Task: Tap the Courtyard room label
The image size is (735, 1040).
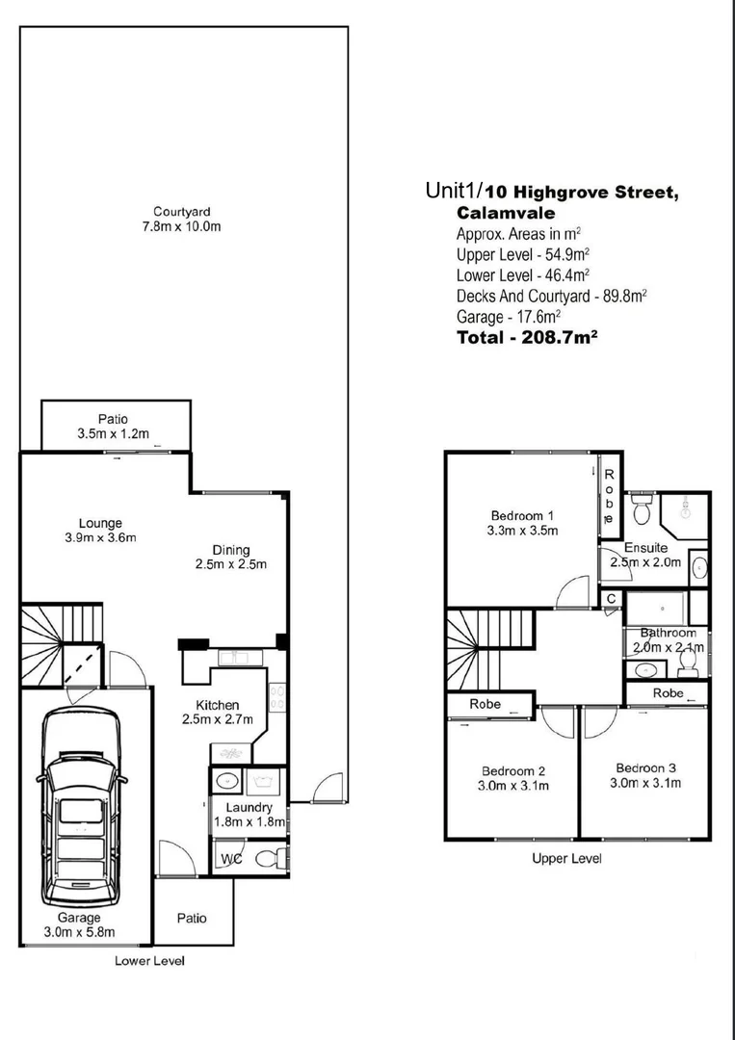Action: pos(182,212)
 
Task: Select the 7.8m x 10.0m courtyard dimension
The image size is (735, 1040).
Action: pos(182,227)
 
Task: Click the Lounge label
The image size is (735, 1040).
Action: pos(100,523)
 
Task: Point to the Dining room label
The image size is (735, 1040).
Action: pos(231,550)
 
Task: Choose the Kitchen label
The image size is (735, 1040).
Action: pos(217,705)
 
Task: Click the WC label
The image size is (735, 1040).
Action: pos(231,858)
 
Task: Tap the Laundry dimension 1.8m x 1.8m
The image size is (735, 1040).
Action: pos(249,822)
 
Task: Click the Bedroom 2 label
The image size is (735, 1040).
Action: pos(513,770)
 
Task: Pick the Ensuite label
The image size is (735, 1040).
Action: pos(645,547)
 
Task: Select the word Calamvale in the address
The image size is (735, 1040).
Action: pos(506,214)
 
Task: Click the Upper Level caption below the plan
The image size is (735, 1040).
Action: pos(566,858)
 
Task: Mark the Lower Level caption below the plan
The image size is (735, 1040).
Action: pos(149,960)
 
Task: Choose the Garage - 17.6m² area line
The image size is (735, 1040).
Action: pos(508,317)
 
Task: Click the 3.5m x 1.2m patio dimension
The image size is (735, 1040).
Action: pos(114,434)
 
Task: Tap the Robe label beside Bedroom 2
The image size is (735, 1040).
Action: pos(485,704)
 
